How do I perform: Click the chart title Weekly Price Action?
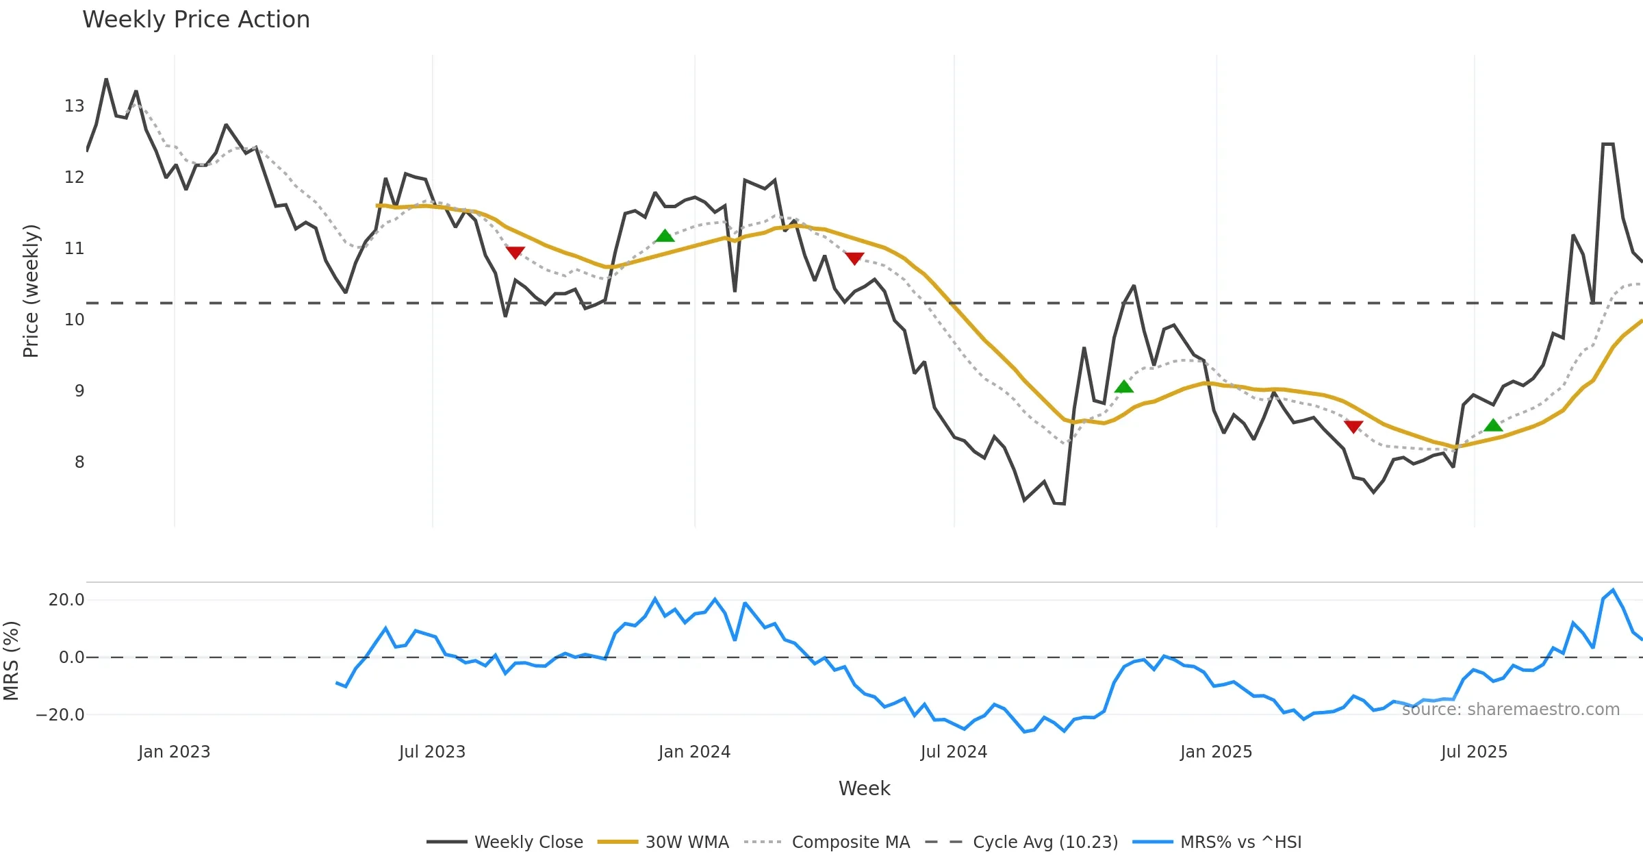[196, 20]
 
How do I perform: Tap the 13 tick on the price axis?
[74, 106]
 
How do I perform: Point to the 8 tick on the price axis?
[79, 462]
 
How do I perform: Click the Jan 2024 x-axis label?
[694, 752]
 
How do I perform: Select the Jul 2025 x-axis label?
[1474, 752]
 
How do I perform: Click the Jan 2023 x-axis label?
[174, 752]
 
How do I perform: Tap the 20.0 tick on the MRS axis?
[66, 600]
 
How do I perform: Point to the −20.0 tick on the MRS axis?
[60, 715]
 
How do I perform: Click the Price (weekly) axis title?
[31, 291]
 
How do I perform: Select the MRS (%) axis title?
[11, 661]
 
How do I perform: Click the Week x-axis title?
[864, 789]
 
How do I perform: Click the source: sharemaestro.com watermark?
[1510, 710]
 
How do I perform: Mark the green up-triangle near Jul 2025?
[1493, 425]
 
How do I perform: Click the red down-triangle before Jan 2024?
[515, 253]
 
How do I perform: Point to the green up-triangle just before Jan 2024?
[665, 236]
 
